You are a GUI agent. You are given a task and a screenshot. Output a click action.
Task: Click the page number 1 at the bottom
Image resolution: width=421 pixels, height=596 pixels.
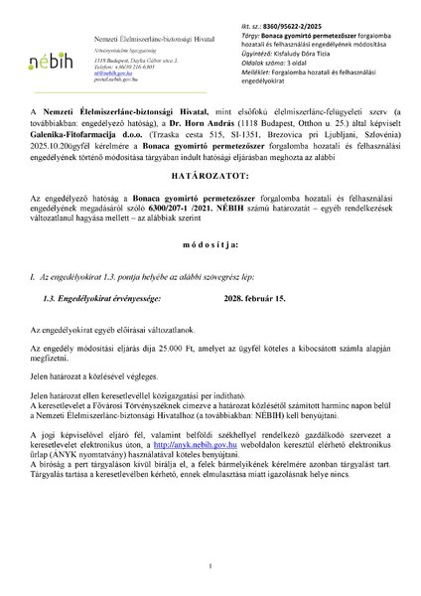[210, 567]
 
